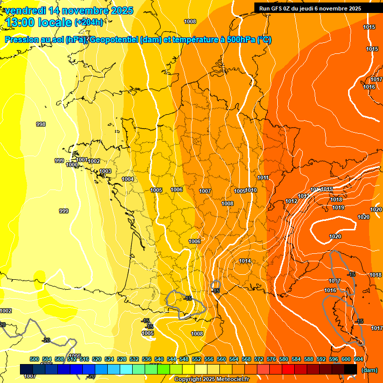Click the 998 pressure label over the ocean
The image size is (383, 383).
[x=41, y=124]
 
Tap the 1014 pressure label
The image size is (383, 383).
[x=245, y=261]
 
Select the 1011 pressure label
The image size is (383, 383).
[x=263, y=178]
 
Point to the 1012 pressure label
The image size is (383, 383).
[x=291, y=201]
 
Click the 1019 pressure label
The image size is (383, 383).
[x=338, y=207]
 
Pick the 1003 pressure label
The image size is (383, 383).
[x=105, y=172]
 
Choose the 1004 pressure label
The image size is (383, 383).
[x=128, y=179]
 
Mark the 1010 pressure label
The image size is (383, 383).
[x=251, y=191]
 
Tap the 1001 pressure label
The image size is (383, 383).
[x=82, y=160]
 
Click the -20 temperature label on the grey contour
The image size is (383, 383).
[x=46, y=340]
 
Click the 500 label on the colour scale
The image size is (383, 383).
[x=34, y=359]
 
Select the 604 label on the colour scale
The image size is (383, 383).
[x=358, y=359]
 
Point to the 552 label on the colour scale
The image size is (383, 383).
[x=196, y=359]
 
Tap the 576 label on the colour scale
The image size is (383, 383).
[x=271, y=359]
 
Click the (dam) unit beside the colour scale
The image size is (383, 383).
[x=369, y=370]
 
